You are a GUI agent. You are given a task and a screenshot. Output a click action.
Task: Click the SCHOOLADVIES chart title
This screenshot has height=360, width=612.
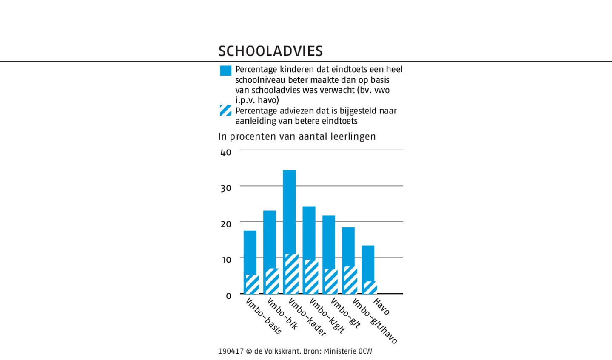tap(270, 51)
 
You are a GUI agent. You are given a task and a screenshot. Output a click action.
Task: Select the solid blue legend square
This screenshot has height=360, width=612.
tap(225, 71)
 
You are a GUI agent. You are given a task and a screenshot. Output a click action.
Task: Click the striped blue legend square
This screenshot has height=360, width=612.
tap(225, 111)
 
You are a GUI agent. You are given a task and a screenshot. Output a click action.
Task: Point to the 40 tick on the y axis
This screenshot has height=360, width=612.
tap(226, 153)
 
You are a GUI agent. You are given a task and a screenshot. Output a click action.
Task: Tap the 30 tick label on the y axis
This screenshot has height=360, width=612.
tap(226, 188)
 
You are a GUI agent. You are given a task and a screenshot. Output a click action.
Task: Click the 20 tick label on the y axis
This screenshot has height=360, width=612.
tap(226, 224)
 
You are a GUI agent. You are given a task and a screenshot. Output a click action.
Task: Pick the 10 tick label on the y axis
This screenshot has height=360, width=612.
tap(226, 260)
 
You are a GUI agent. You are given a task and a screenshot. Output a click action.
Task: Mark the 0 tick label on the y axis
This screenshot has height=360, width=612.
tap(228, 296)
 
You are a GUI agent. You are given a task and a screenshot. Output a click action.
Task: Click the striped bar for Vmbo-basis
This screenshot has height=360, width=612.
tap(251, 284)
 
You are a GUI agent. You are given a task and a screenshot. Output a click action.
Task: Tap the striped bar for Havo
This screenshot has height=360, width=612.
tap(369, 288)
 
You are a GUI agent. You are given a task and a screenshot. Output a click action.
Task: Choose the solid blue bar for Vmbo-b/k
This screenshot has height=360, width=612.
tap(270, 238)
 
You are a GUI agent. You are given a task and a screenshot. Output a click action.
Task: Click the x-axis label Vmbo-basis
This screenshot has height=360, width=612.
tap(264, 317)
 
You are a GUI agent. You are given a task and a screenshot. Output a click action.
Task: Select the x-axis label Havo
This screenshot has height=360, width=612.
tap(381, 306)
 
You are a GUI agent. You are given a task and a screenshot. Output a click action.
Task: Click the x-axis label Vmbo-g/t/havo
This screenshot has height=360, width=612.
tap(375, 321)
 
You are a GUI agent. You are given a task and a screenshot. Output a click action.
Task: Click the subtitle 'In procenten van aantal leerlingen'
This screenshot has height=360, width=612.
tap(297, 136)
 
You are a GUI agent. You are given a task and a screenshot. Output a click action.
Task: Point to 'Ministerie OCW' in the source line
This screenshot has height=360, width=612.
tap(347, 351)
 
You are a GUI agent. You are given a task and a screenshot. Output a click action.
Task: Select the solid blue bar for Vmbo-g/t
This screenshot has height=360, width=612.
tap(328, 242)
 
